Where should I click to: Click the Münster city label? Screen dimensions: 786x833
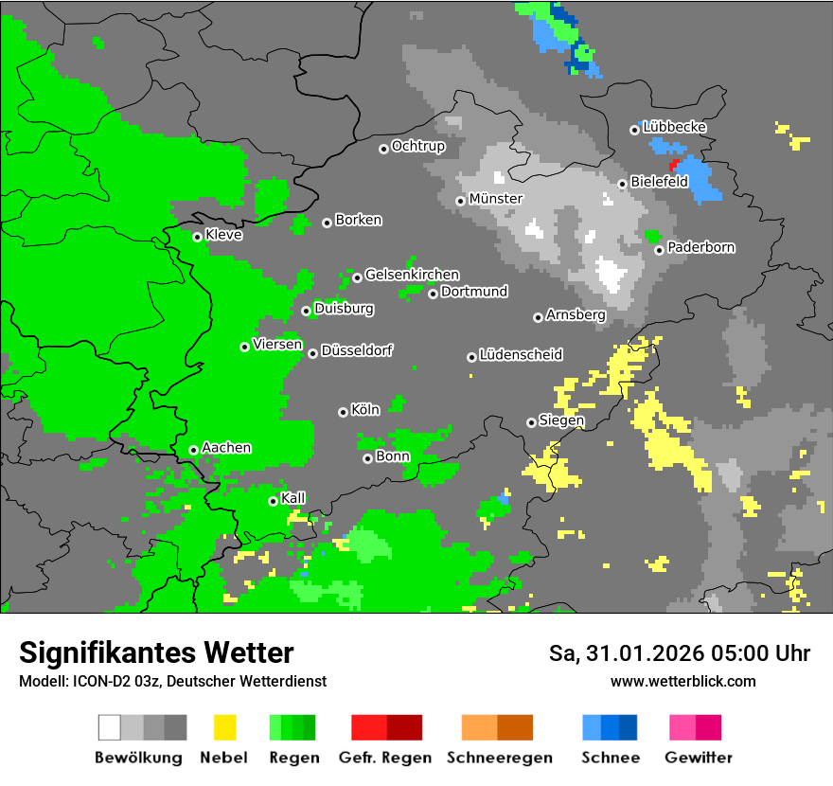click(x=496, y=199)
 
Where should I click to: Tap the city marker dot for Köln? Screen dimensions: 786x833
click(x=343, y=412)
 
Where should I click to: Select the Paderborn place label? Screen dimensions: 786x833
click(x=701, y=248)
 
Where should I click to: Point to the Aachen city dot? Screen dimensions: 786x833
click(x=193, y=450)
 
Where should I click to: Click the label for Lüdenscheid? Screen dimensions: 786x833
click(x=521, y=355)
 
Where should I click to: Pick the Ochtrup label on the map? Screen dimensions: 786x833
click(x=417, y=147)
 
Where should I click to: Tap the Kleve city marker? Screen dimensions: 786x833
click(x=197, y=237)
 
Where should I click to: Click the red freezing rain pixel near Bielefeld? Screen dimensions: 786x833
click(x=673, y=164)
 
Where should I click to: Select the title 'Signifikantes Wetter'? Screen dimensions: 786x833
click(x=156, y=652)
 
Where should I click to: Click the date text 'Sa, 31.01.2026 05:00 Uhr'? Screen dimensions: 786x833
click(x=680, y=653)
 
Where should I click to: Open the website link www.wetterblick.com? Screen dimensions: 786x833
click(x=682, y=681)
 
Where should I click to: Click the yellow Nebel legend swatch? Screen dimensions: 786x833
click(x=224, y=727)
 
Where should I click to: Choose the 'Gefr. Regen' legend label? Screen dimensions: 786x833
click(x=385, y=758)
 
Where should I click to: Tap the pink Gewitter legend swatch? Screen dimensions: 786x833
click(x=682, y=727)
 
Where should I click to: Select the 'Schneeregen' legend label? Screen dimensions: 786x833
click(x=499, y=758)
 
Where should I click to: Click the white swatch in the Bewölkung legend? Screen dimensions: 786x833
click(x=110, y=727)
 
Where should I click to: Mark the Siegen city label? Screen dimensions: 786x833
click(x=561, y=420)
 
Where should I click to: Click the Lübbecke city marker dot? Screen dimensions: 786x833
click(x=634, y=130)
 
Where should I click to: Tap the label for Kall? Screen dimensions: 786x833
click(x=293, y=498)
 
